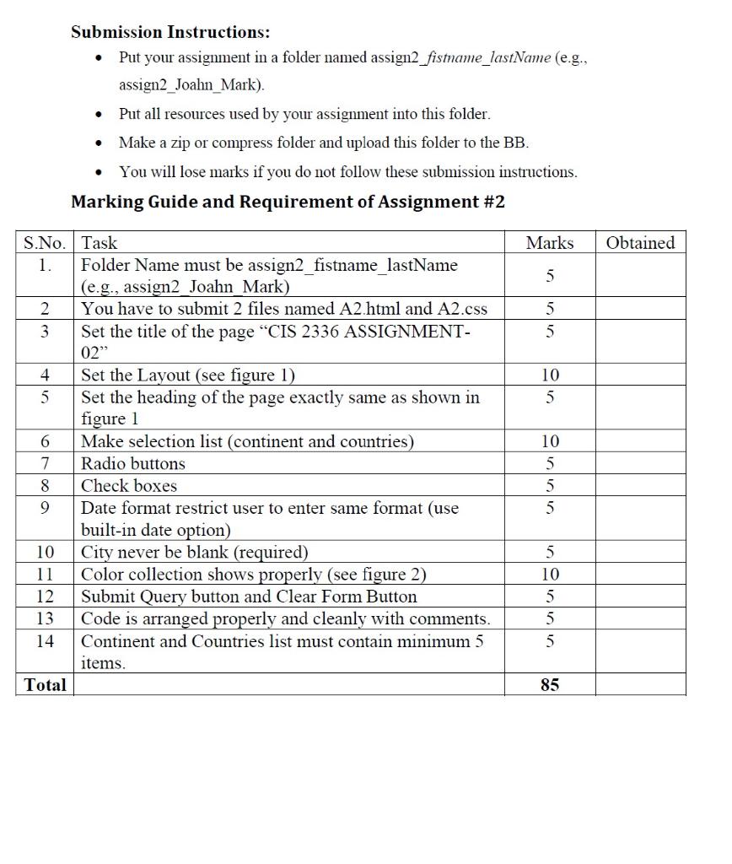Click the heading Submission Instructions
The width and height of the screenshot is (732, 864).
pyautogui.click(x=170, y=33)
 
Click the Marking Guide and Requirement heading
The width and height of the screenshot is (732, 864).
pyautogui.click(x=288, y=202)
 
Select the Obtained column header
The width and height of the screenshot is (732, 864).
pyautogui.click(x=640, y=243)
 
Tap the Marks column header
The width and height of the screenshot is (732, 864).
pyautogui.click(x=549, y=243)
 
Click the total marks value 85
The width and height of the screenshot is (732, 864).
pyautogui.click(x=549, y=685)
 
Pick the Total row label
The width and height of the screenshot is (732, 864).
pyautogui.click(x=45, y=685)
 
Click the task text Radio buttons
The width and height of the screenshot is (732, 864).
pyautogui.click(x=132, y=463)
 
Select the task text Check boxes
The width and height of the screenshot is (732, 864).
pyautogui.click(x=128, y=486)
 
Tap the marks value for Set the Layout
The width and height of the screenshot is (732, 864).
pyautogui.click(x=549, y=375)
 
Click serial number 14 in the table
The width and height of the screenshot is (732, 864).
pyautogui.click(x=45, y=641)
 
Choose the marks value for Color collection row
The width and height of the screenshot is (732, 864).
pyautogui.click(x=549, y=575)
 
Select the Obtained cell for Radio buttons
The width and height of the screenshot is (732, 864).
pyautogui.click(x=640, y=463)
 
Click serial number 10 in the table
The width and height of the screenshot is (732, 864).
pyautogui.click(x=45, y=553)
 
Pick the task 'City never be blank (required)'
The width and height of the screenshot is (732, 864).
pyautogui.click(x=194, y=553)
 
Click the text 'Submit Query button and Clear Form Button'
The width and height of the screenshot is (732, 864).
pyautogui.click(x=249, y=597)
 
